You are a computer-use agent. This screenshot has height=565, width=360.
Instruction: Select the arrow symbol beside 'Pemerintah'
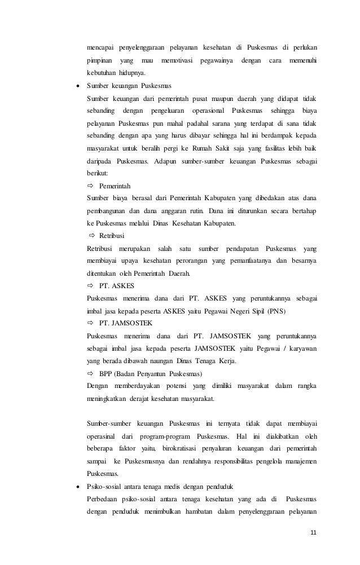click(90, 186)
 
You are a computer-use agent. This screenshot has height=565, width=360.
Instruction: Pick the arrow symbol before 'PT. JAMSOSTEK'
click(90, 323)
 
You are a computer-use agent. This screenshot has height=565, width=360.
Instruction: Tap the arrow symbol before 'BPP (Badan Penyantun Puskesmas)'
click(90, 373)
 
